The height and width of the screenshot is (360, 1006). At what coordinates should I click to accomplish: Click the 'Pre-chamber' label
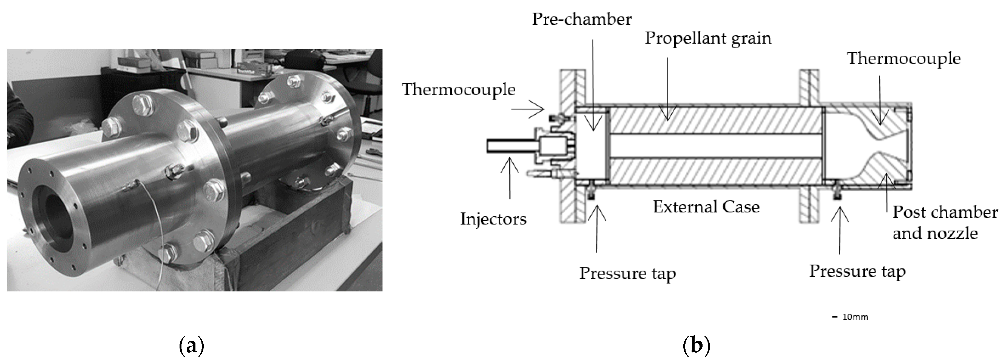tap(581, 19)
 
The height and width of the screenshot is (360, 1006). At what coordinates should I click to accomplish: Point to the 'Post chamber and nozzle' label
tap(945, 223)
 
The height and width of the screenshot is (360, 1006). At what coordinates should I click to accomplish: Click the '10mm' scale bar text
tap(855, 317)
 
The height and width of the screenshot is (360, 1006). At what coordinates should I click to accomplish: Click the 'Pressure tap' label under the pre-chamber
tap(627, 273)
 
